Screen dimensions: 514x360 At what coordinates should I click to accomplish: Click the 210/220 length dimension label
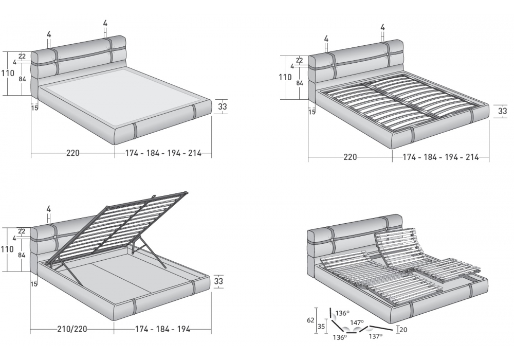(x=72, y=329)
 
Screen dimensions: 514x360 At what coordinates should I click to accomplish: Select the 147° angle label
(x=357, y=322)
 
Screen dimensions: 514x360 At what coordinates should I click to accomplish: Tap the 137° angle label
(x=376, y=336)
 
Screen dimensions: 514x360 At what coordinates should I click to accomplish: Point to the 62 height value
(x=311, y=320)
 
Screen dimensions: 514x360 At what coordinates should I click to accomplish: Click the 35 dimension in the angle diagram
(x=321, y=327)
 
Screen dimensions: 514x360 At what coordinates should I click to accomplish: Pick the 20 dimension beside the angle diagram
(x=403, y=330)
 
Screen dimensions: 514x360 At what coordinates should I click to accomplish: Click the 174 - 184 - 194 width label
(x=162, y=329)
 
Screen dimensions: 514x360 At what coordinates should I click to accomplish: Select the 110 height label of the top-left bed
(x=8, y=73)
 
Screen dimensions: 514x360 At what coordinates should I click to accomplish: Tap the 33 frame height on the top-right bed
(x=503, y=111)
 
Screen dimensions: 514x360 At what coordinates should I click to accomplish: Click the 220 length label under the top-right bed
(x=350, y=157)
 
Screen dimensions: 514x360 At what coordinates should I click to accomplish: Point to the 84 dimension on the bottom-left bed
(x=22, y=254)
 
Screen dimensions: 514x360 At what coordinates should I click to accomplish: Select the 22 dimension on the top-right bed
(x=299, y=60)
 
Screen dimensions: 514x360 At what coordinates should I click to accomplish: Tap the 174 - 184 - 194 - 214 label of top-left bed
(x=163, y=153)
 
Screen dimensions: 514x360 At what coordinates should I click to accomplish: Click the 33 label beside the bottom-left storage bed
(x=218, y=281)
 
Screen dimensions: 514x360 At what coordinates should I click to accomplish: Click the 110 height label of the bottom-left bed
(x=7, y=249)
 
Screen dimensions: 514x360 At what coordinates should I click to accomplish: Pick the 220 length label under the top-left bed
(x=73, y=153)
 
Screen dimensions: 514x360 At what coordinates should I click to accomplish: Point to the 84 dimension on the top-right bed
(x=300, y=83)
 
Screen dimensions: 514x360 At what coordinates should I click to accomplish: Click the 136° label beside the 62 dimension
(x=342, y=313)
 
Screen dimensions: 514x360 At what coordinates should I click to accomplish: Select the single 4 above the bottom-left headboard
(x=49, y=208)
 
